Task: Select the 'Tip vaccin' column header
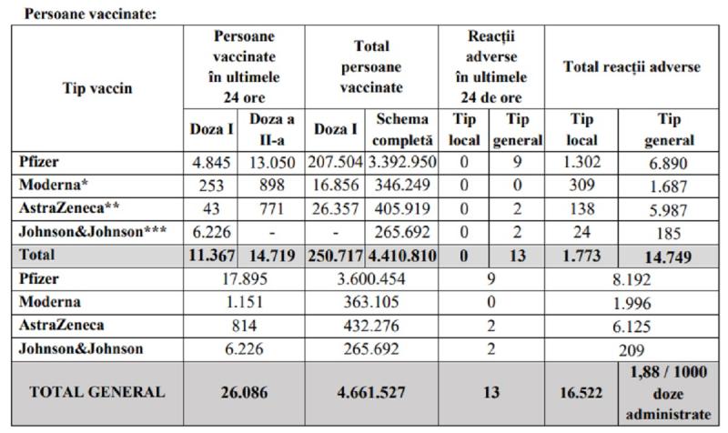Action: tap(96, 88)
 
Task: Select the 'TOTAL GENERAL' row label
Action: tap(98, 393)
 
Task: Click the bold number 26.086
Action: tap(243, 393)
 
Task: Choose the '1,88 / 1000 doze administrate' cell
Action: tap(669, 393)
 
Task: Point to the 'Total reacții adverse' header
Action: tap(631, 66)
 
